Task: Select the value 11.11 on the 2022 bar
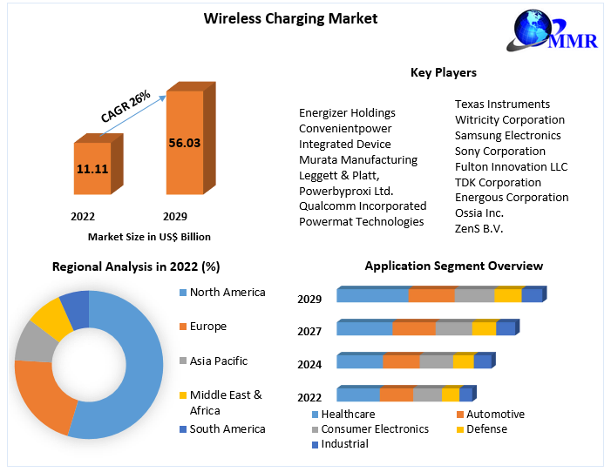coord(92,168)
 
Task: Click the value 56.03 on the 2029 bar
coord(184,143)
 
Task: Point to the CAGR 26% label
coord(126,105)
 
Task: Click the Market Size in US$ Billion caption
coord(149,236)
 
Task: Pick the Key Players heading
coord(444,72)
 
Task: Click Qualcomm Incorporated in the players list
coord(363,206)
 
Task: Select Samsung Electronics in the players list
coord(507,135)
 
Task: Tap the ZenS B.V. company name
coord(479,229)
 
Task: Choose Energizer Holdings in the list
coord(347,112)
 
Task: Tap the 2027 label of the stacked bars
coord(309,332)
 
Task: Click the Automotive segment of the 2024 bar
coord(401,361)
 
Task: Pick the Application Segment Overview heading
coord(453,266)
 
